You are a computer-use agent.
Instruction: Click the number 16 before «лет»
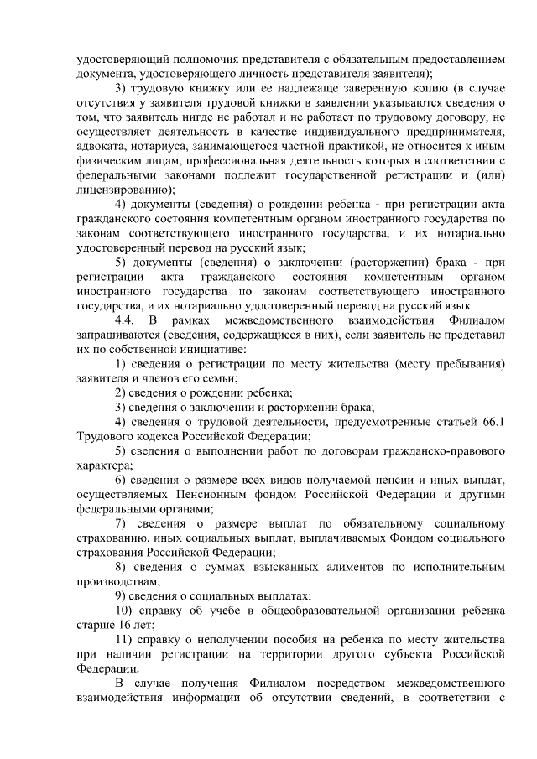pos(119,625)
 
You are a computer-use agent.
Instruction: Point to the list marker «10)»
pos(124,610)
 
